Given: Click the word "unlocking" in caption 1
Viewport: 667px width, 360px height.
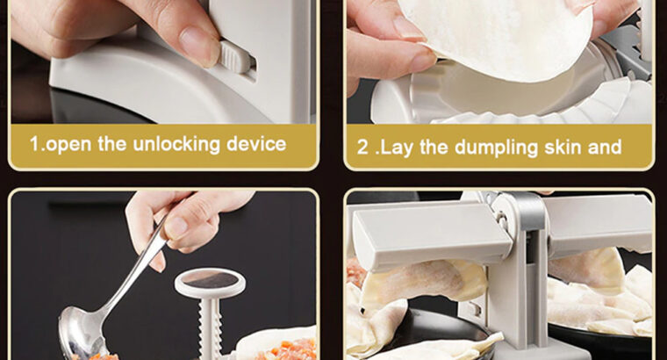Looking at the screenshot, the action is pos(176,144).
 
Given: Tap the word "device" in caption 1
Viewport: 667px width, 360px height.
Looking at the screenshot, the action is pos(256,144).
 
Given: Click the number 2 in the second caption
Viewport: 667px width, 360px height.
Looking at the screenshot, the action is pos(362,148).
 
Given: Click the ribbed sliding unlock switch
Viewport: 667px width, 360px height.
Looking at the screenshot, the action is pos(235,56).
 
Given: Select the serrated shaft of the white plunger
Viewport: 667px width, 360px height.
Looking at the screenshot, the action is pos(210,328).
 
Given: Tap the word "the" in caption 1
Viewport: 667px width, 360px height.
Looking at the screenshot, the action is pos(112,144).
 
